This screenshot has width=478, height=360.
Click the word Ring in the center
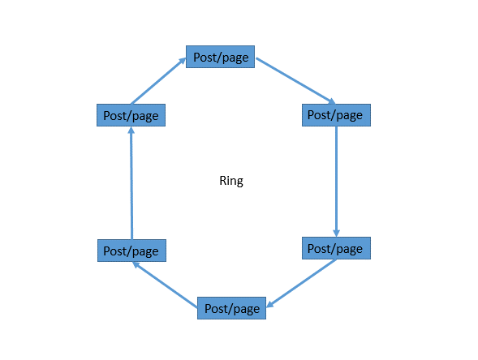click(x=231, y=181)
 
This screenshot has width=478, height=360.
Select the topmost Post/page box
click(x=220, y=57)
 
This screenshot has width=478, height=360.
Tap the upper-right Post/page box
click(x=336, y=115)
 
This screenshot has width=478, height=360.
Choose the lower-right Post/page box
click(x=336, y=248)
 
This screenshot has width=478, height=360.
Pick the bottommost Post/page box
click(x=231, y=308)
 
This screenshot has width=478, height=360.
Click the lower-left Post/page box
click(x=131, y=251)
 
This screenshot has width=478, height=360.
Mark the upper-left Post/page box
click(x=131, y=115)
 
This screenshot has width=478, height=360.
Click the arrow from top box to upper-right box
click(x=295, y=81)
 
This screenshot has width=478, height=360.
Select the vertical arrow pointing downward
click(x=336, y=182)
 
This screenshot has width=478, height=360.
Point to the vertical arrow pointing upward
click(x=131, y=183)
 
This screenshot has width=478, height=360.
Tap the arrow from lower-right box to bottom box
click(x=301, y=283)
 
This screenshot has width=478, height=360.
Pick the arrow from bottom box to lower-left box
click(x=166, y=285)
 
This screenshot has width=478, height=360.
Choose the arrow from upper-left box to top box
click(x=158, y=81)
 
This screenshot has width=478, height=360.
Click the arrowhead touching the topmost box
click(x=183, y=61)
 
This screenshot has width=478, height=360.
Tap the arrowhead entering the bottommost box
click(x=269, y=304)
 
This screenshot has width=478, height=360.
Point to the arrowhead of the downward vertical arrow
click(x=336, y=233)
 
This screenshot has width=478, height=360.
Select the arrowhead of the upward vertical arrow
click(x=131, y=131)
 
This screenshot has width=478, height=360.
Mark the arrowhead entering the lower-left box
click(x=136, y=265)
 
